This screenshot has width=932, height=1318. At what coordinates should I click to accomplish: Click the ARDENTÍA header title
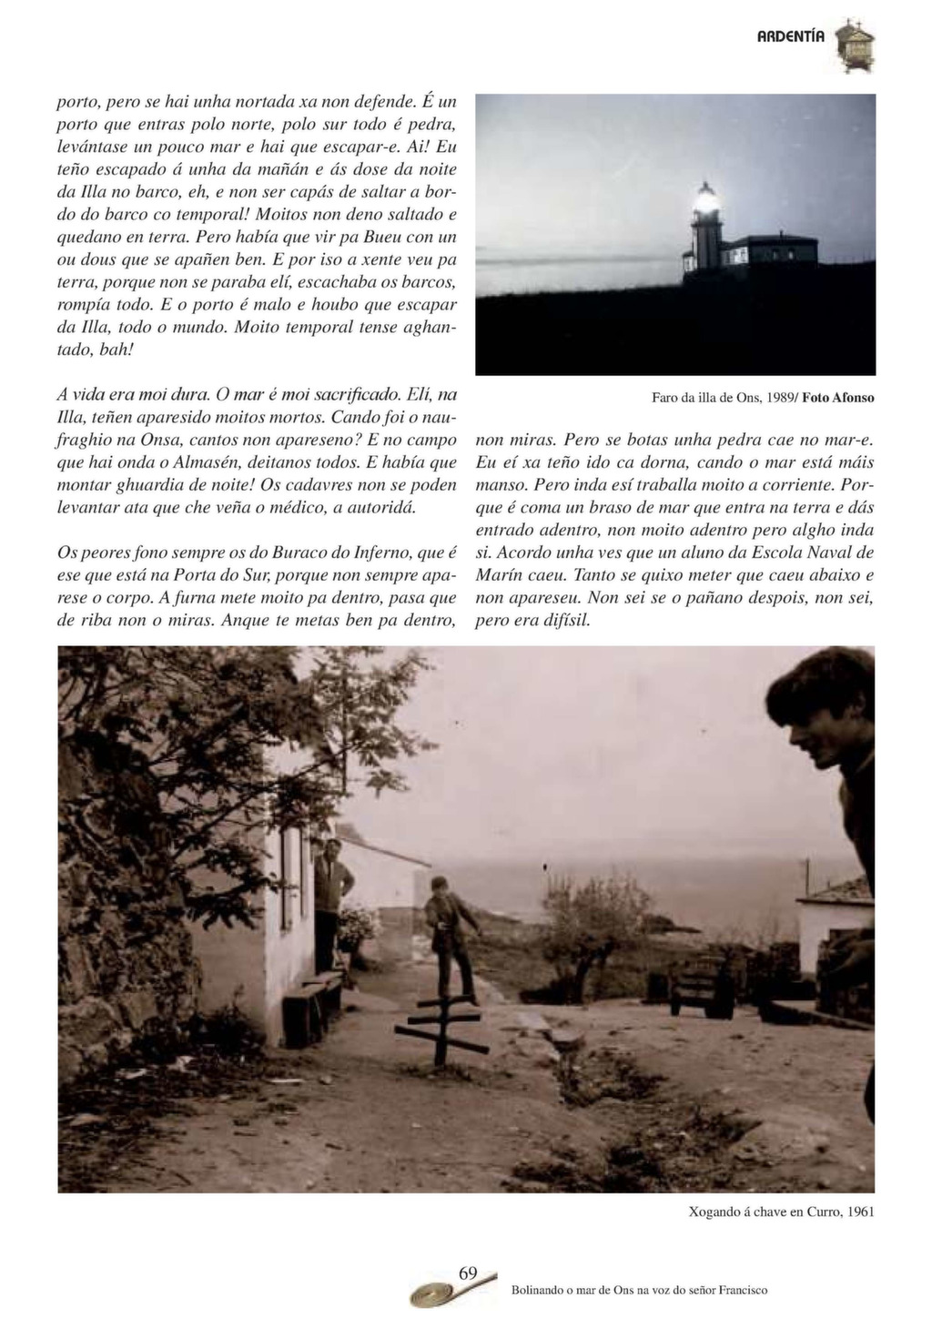tap(790, 36)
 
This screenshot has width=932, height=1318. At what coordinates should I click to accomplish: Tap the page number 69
tap(468, 1272)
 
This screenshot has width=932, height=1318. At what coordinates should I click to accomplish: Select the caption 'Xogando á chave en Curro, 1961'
tap(782, 1212)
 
